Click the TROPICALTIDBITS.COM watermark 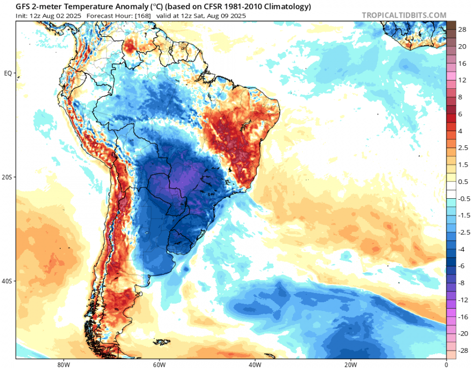click(x=404, y=15)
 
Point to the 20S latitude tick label click(x=8, y=177)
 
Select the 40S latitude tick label click(x=8, y=281)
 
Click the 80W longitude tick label click(x=62, y=364)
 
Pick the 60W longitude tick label click(x=158, y=364)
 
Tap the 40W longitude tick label click(x=254, y=364)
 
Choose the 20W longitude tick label click(x=350, y=364)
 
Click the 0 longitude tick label click(x=446, y=364)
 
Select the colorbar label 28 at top click(x=462, y=30)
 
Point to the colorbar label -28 click(x=462, y=351)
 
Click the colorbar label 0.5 click(x=463, y=182)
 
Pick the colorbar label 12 click(x=462, y=80)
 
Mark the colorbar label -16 click(x=462, y=317)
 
